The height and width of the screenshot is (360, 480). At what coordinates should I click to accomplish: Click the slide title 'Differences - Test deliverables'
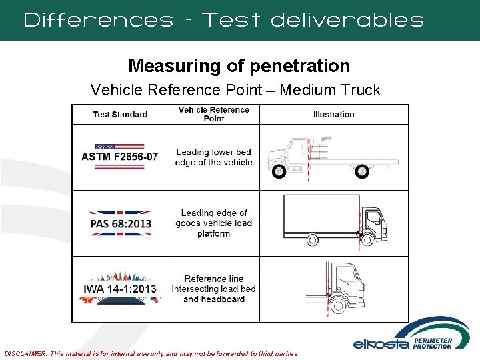223,20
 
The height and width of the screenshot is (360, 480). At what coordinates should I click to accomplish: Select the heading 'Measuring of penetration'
239,65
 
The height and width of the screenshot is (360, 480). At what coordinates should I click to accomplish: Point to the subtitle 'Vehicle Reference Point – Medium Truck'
235,90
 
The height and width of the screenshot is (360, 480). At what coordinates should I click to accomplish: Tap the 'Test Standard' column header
120,114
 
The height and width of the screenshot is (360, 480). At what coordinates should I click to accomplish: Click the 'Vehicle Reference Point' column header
214,114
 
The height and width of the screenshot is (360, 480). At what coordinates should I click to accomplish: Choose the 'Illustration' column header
333,114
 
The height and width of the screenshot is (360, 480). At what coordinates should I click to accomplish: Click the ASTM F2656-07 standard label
120,157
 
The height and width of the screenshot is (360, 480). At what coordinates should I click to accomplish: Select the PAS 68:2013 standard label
121,223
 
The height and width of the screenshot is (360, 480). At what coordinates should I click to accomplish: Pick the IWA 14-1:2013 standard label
120,289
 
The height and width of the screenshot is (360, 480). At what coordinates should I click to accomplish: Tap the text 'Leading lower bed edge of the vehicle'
214,157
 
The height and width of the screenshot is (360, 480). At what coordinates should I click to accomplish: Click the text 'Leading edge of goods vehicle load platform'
214,223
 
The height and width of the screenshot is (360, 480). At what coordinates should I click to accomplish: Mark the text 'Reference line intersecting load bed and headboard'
214,289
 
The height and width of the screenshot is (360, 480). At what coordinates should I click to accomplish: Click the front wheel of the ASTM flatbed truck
279,171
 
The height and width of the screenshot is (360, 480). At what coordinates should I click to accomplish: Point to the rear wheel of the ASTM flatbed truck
361,171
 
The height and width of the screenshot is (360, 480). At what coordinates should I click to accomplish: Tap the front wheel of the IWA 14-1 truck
338,305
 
